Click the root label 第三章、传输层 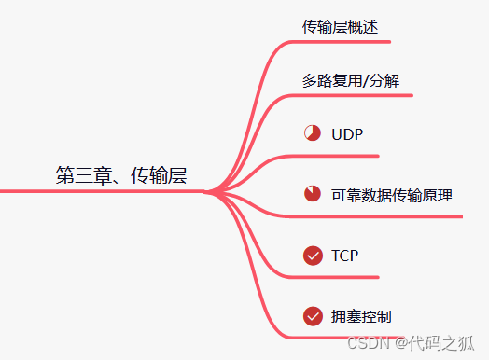(120, 175)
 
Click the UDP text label (346, 133)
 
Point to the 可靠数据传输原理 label (392, 195)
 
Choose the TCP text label (344, 255)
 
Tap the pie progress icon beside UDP (313, 133)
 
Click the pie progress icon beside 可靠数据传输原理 (313, 195)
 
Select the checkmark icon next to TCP (313, 255)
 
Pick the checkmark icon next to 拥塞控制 (313, 316)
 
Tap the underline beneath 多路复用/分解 (355, 95)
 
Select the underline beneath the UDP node (336, 155)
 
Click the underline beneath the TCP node (336, 277)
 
